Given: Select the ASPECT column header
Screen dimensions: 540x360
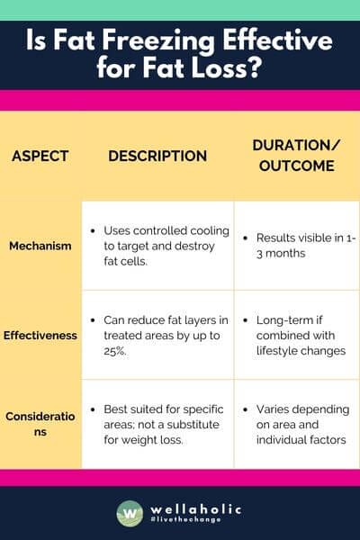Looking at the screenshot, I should [x=40, y=156].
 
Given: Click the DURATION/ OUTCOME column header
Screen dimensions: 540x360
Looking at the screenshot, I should [x=295, y=155].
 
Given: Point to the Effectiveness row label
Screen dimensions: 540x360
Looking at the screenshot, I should [x=40, y=334].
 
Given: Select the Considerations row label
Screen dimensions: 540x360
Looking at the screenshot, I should [x=40, y=424].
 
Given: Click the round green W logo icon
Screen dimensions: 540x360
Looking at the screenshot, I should [x=130, y=513].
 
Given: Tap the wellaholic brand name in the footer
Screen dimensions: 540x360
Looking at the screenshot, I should [x=193, y=508].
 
